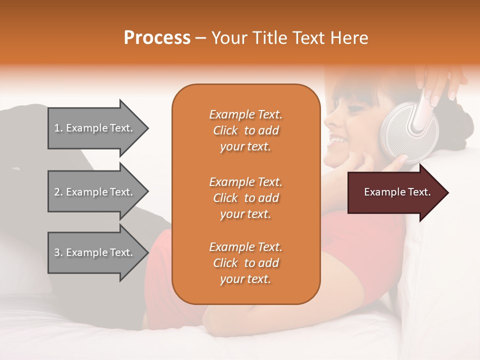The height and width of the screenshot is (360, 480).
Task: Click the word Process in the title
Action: [x=157, y=38]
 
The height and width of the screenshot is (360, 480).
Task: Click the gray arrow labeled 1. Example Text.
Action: [x=95, y=128]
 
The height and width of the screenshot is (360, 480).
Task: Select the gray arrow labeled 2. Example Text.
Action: [x=95, y=192]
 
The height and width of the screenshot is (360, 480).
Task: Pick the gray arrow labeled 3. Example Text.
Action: [x=95, y=252]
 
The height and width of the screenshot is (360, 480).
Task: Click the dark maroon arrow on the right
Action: [x=395, y=192]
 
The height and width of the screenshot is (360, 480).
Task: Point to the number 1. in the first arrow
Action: [x=58, y=128]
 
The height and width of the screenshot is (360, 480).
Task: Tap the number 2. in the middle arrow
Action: [x=58, y=192]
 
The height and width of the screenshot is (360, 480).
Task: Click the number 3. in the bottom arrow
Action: [x=58, y=252]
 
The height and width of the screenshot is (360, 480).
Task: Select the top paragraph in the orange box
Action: [x=245, y=130]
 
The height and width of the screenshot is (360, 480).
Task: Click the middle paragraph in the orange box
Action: [x=245, y=198]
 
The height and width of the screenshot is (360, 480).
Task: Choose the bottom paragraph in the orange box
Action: [x=245, y=263]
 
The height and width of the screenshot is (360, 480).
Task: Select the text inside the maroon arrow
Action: [x=397, y=192]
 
